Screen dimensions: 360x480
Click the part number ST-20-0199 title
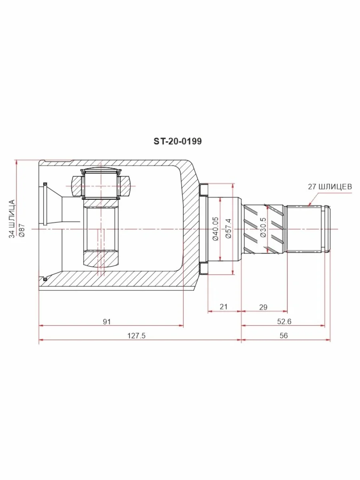click(178, 141)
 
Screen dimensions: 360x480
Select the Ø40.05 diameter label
click(216, 228)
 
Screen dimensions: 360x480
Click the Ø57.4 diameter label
click(228, 228)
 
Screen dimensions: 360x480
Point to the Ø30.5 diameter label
click(263, 228)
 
